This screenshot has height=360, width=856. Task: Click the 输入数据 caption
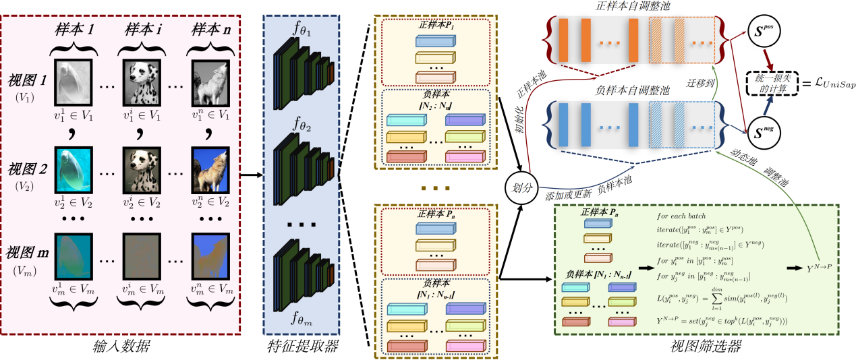(121, 348)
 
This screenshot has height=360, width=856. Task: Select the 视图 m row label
(29, 254)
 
